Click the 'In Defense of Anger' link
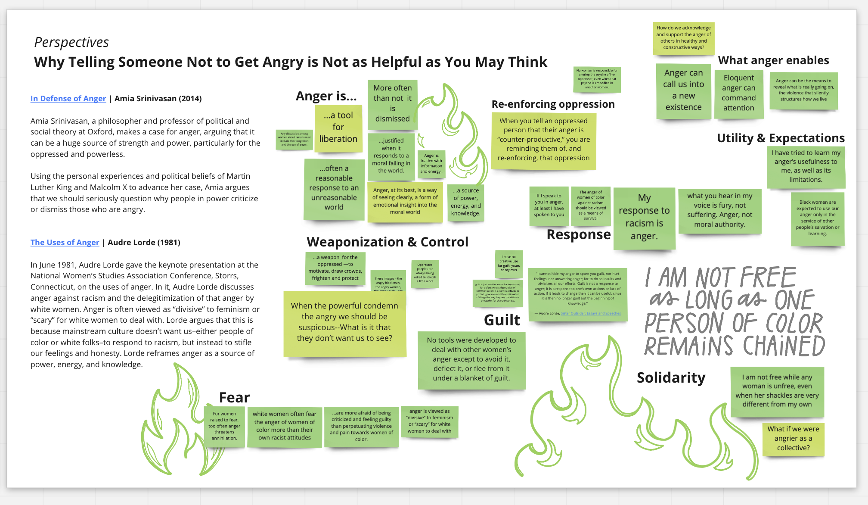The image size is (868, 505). [68, 98]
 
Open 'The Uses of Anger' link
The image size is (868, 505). [65, 242]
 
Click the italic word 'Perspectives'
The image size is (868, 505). [71, 42]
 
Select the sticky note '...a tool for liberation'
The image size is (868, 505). [338, 128]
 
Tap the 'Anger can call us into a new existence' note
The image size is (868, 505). [683, 90]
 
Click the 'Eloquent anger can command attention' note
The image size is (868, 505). [738, 93]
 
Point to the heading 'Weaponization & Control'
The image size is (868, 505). [387, 242]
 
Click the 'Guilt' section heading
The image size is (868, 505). [502, 320]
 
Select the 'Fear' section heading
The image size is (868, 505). [234, 397]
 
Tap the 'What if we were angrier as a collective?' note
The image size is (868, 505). [793, 438]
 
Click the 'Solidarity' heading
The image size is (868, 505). [671, 377]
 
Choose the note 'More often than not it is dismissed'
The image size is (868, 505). [392, 103]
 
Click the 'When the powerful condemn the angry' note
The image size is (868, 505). [344, 322]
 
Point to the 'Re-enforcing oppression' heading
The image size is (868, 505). [553, 104]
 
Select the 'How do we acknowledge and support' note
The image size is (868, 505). [683, 37]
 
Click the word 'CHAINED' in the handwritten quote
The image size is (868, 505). [784, 346]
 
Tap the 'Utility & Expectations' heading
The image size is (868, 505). [781, 138]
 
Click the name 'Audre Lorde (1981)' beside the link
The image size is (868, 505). [144, 242]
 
